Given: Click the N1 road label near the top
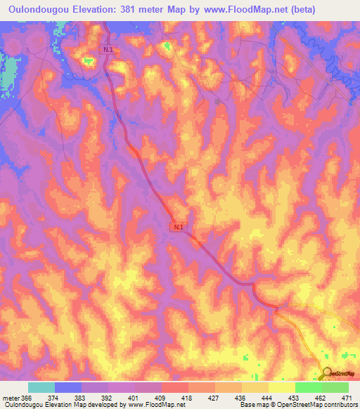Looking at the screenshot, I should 107,50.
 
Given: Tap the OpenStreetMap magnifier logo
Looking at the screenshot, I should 328,373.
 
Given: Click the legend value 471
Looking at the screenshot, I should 348,397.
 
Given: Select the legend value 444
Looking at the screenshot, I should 268,397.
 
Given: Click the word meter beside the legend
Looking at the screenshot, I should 11,397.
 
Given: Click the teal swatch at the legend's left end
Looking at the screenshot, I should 41,387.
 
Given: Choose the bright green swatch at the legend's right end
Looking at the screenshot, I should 335,387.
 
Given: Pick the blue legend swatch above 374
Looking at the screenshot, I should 68,387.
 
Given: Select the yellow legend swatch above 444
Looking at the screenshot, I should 255,387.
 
